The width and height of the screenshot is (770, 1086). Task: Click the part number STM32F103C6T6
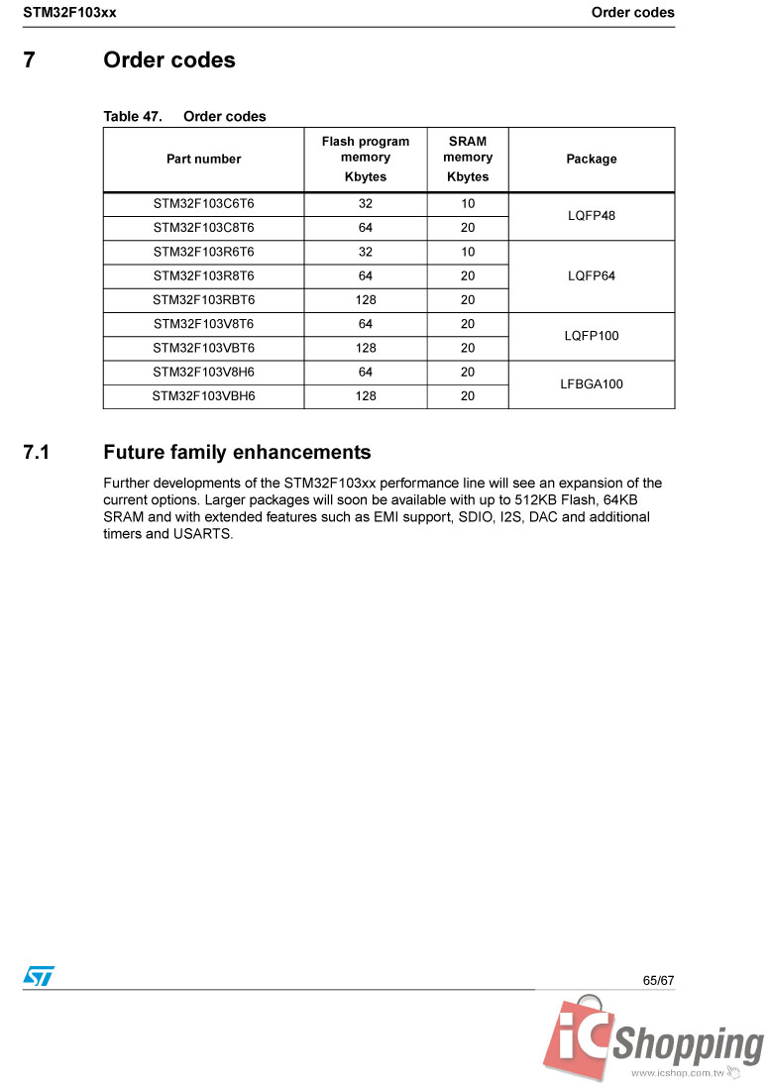[x=203, y=204]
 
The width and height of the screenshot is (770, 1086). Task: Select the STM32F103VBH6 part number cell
[x=203, y=396]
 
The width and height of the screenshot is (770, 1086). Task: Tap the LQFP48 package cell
[x=592, y=216]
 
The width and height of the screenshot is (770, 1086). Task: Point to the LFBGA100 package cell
[x=592, y=384]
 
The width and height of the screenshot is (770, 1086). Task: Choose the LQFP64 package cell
[x=592, y=276]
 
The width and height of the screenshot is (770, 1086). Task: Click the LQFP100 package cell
[x=592, y=336]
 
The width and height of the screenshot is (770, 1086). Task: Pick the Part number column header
[x=203, y=160]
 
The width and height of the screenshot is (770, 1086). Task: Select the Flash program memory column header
[x=366, y=159]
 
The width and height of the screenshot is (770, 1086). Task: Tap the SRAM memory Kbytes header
[x=468, y=159]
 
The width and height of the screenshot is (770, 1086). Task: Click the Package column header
[x=592, y=160]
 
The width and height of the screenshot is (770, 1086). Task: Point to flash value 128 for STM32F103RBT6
[x=366, y=300]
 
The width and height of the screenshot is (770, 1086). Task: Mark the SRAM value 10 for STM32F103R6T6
[x=468, y=253]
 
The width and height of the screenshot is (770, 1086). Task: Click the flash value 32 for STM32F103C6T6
[x=366, y=204]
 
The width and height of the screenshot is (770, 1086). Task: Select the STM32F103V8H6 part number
[x=203, y=373]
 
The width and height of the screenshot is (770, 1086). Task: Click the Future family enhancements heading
[x=237, y=453]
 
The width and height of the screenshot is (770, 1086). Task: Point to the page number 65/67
[x=658, y=980]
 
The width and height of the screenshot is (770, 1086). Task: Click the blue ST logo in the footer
[x=39, y=976]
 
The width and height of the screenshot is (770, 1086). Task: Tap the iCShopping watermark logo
[x=654, y=1040]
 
